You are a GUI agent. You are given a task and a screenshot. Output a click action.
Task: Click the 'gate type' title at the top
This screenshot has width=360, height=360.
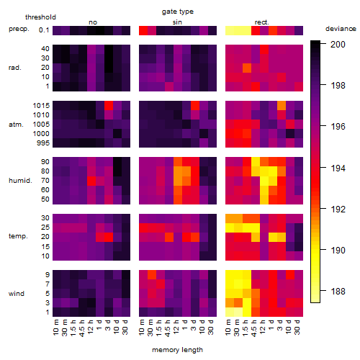tap(178, 12)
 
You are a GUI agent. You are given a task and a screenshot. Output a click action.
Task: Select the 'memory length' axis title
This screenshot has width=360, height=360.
tap(177, 350)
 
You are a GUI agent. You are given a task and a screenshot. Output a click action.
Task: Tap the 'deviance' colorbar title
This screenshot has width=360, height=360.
tap(341, 29)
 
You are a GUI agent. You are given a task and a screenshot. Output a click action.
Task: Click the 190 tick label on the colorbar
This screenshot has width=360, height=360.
tap(338, 250)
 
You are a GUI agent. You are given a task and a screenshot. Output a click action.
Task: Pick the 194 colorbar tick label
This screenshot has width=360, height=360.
tap(338, 168)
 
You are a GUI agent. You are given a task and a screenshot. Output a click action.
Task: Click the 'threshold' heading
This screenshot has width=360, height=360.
tap(40, 17)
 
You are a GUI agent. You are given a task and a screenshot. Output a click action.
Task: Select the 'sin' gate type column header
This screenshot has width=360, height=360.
tap(177, 22)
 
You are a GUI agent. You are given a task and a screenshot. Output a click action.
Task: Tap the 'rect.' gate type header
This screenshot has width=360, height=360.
tap(262, 22)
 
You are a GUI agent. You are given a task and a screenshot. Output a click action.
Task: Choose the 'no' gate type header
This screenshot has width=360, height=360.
tap(93, 22)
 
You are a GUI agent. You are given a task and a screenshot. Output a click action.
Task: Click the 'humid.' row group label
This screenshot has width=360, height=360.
tap(20, 181)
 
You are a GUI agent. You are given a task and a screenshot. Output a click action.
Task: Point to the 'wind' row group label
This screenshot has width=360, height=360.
tap(17, 294)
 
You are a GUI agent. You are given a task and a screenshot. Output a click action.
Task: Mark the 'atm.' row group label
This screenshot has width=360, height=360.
tap(16, 125)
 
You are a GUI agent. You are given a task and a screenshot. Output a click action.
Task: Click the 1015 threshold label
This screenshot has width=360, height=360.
tap(41, 106)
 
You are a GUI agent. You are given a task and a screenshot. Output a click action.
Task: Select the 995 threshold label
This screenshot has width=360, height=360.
tap(43, 143)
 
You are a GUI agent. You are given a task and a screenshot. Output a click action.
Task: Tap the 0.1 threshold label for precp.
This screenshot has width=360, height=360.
tap(44, 30)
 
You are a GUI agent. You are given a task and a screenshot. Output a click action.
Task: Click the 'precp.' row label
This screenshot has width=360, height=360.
tap(19, 29)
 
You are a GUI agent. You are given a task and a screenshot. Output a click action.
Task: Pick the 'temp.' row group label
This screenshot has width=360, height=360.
tap(18, 236)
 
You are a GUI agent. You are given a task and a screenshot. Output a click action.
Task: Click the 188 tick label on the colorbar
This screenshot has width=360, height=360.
tap(338, 291)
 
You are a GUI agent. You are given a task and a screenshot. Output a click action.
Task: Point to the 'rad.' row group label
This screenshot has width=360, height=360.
tap(15, 68)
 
